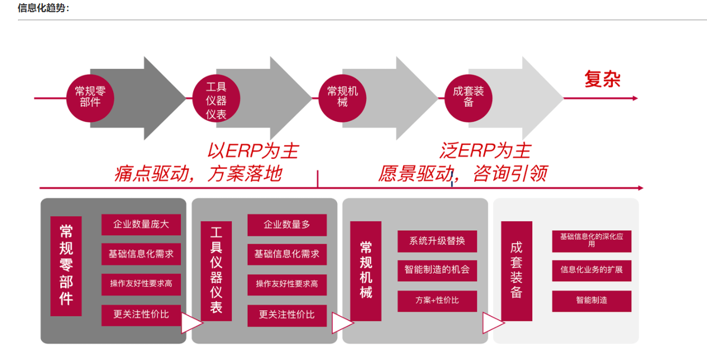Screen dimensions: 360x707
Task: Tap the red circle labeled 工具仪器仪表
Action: tap(216, 99)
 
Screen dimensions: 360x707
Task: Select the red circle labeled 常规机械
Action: tap(342, 97)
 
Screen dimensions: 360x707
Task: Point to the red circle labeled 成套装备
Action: tap(468, 97)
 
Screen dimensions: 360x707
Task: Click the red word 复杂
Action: tap(602, 79)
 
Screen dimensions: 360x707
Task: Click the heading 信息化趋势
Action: tap(43, 8)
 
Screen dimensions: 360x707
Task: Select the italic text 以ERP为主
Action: tap(252, 151)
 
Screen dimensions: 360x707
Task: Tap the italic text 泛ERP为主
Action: tap(485, 151)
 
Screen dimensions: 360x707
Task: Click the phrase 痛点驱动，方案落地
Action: tap(198, 174)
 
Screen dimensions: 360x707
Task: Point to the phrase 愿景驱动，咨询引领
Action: tap(463, 174)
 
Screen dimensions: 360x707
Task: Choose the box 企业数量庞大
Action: tap(141, 224)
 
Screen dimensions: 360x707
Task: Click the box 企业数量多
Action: tap(287, 224)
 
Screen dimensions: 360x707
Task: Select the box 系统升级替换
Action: tap(437, 241)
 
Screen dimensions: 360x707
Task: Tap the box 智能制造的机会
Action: tap(437, 271)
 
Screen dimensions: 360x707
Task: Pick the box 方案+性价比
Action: tap(437, 301)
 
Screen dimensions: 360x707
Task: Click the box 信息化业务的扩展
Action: tap(592, 270)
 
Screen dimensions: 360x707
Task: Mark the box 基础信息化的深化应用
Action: tap(592, 240)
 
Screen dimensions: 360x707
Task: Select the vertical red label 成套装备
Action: tap(516, 271)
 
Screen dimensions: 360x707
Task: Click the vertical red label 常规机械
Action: tap(366, 271)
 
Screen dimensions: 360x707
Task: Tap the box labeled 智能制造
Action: tap(592, 301)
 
